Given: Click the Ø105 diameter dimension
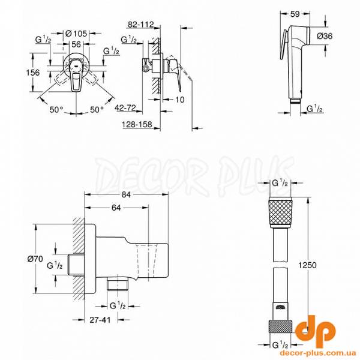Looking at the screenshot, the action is (76, 34).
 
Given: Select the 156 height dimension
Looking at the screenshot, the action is (32, 73).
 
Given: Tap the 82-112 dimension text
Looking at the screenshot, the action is (140, 25).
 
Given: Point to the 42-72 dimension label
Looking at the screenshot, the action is (125, 107).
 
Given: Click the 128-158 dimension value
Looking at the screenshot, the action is (137, 124).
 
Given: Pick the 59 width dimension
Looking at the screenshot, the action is (295, 14).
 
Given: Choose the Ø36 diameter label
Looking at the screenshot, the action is (325, 36).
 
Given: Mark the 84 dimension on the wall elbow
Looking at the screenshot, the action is (126, 194).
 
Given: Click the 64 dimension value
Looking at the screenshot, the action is (116, 208).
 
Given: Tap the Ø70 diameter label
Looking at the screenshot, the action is (35, 259).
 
